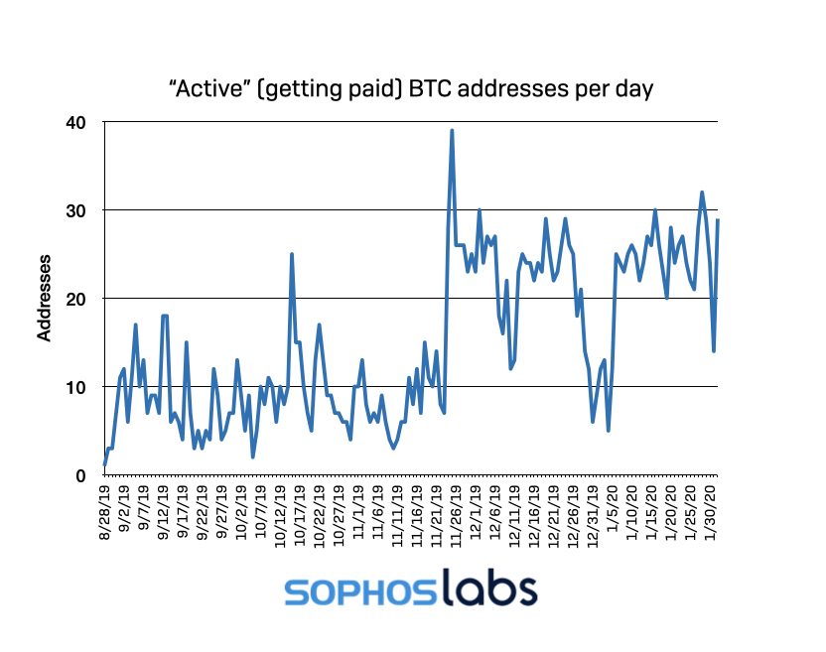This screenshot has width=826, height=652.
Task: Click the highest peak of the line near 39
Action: pos(452,131)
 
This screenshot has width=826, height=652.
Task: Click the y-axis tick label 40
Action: pos(77,122)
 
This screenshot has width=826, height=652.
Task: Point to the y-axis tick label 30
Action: pos(77,210)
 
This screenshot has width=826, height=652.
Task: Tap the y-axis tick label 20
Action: pos(77,299)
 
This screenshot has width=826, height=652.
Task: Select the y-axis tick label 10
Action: pos(77,387)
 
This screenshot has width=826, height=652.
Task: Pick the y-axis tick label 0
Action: pos(82,475)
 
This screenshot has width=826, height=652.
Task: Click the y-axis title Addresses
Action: pos(45,298)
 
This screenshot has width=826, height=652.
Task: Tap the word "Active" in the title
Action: pos(206,89)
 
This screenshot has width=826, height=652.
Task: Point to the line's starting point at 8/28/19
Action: pos(104,464)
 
